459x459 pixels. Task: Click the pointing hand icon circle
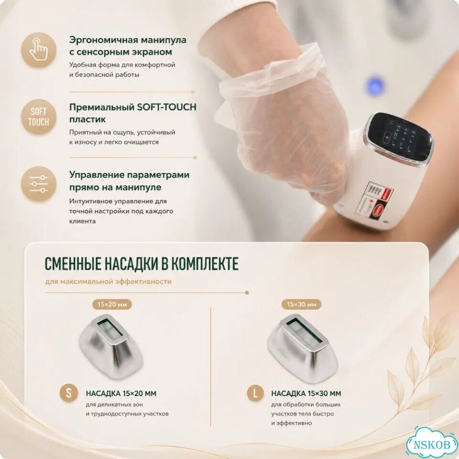[39, 50]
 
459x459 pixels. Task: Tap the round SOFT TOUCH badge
[39, 117]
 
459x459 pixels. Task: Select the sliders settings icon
[39, 184]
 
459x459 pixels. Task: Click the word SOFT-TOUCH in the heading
[166, 107]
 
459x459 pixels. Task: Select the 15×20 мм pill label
[112, 305]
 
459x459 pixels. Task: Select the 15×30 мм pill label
[301, 305]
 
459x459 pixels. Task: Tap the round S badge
[69, 393]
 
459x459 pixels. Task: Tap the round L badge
[255, 393]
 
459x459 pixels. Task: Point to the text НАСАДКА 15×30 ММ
[306, 393]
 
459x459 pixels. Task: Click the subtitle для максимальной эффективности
[109, 282]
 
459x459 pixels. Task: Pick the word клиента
[82, 221]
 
